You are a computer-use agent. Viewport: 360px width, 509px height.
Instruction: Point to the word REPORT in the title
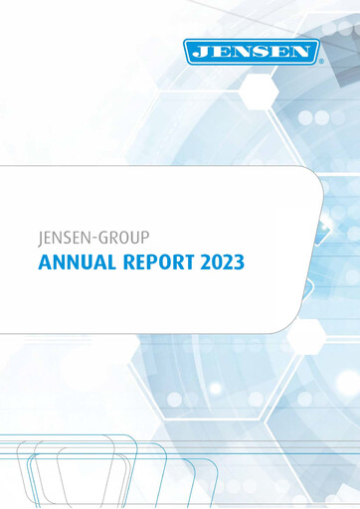[152, 264]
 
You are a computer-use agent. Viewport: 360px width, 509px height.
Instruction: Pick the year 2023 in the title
[220, 264]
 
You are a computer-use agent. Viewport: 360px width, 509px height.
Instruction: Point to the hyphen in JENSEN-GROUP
[96, 240]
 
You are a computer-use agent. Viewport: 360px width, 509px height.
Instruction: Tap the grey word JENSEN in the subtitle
[64, 239]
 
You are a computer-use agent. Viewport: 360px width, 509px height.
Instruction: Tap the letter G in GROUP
[105, 239]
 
